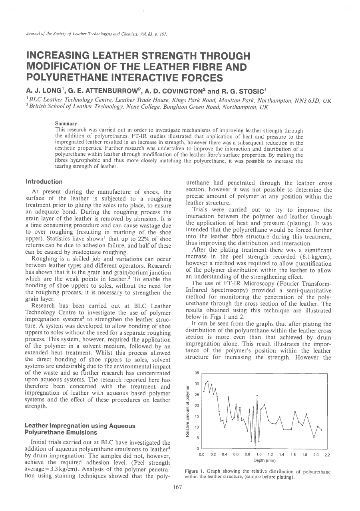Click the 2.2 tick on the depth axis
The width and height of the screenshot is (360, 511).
click(327, 455)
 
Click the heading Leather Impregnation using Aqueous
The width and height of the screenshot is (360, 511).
click(80, 426)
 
